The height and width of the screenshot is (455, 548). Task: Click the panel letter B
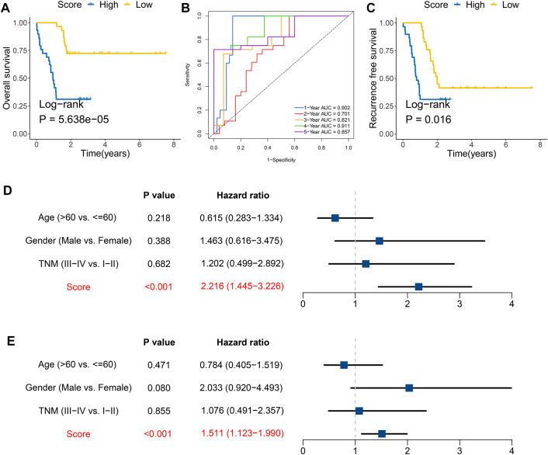tap(186, 10)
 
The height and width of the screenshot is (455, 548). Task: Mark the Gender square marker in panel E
tap(409, 387)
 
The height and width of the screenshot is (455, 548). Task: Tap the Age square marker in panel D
tap(335, 218)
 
